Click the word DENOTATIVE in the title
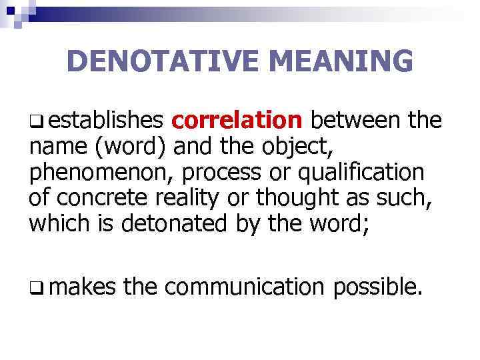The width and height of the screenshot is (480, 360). pyautogui.click(x=159, y=62)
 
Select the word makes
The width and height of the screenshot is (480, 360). pyautogui.click(x=82, y=287)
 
